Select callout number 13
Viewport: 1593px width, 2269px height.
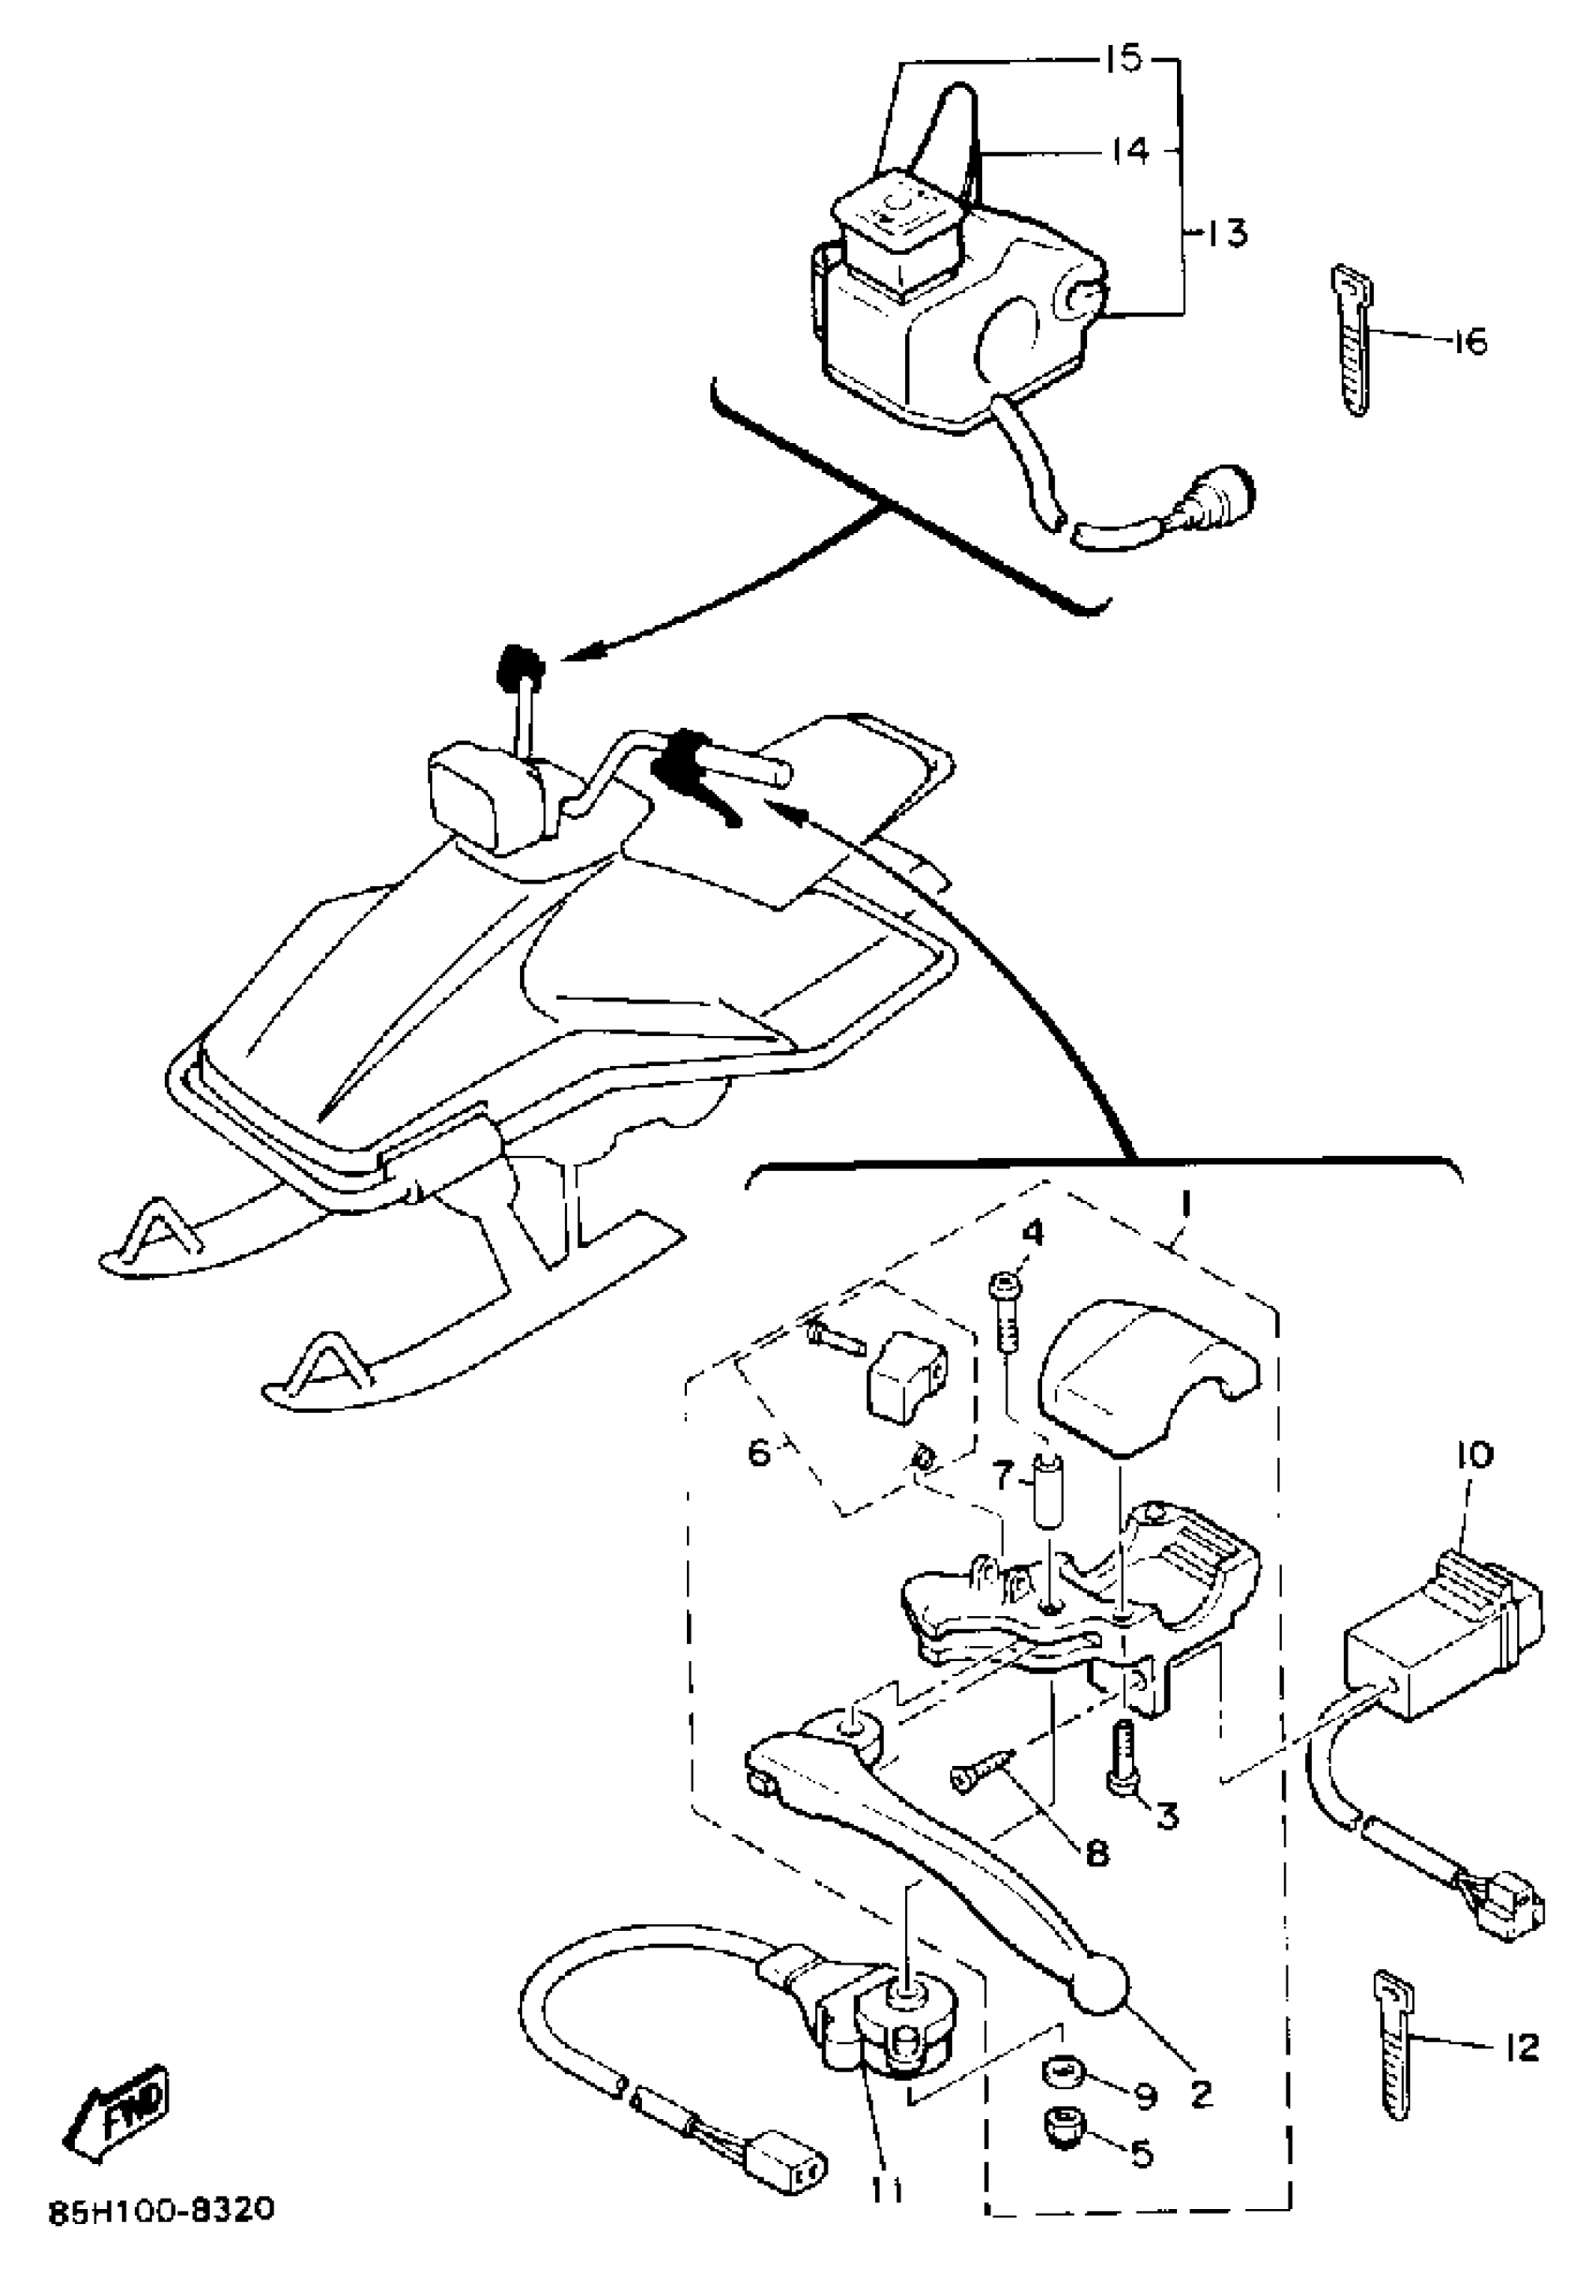tap(1227, 234)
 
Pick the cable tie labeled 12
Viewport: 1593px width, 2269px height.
tap(1394, 2051)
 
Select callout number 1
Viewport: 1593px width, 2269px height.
tap(1186, 1203)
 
